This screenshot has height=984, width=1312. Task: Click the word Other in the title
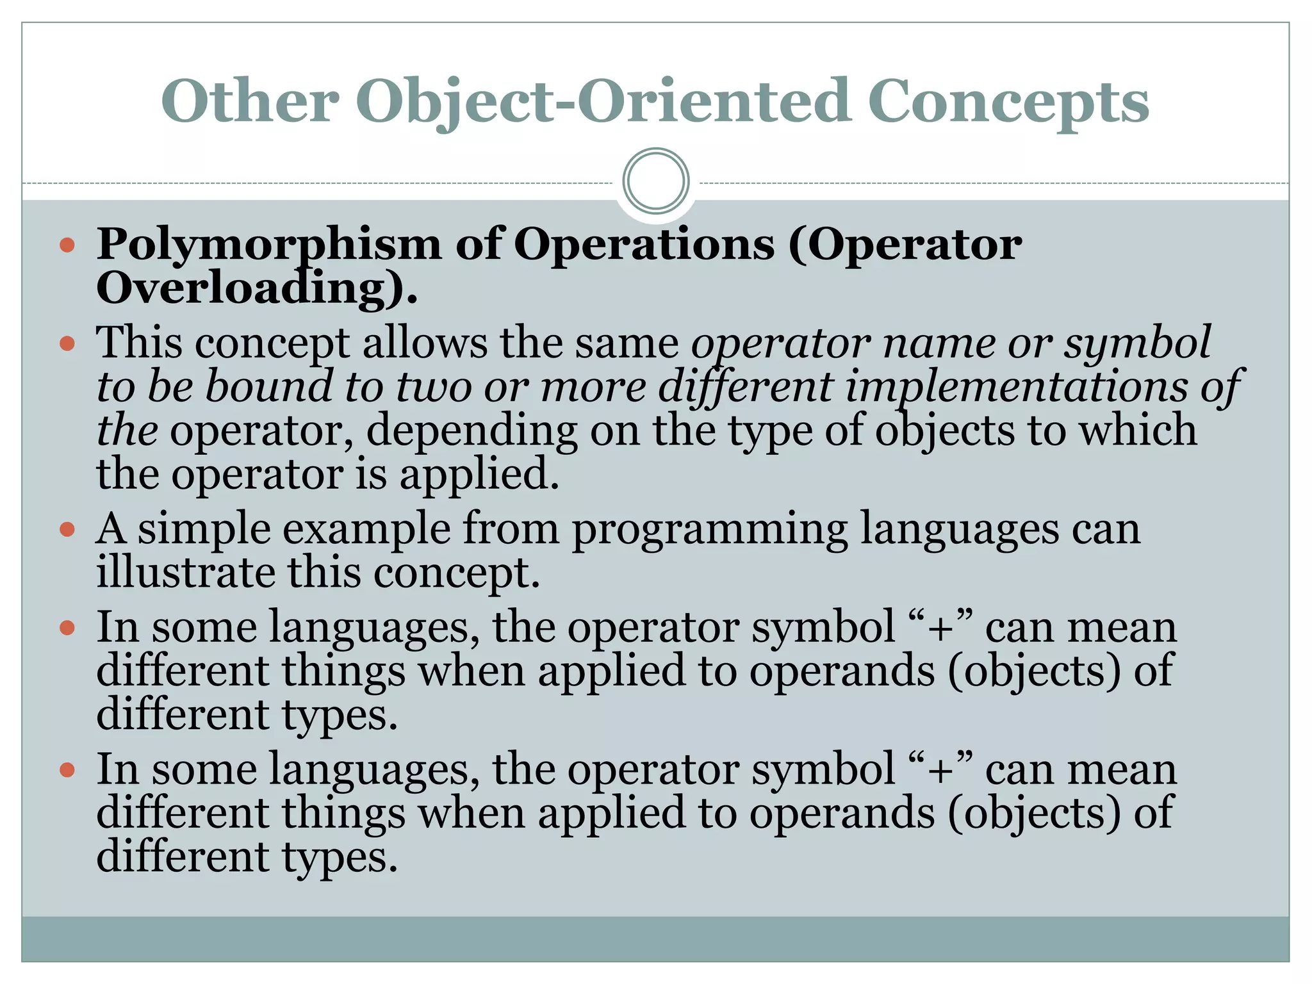tap(250, 101)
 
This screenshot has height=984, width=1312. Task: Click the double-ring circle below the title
tap(656, 181)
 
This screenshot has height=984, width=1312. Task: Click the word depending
tap(471, 431)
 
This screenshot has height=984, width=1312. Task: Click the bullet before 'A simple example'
tap(67, 530)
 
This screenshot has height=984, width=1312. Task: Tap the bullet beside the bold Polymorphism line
tap(67, 245)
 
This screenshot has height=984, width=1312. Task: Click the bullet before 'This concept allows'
tap(67, 344)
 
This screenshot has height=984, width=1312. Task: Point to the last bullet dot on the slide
tap(67, 769)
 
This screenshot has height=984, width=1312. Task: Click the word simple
tap(204, 530)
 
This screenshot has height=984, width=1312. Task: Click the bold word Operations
tap(644, 245)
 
